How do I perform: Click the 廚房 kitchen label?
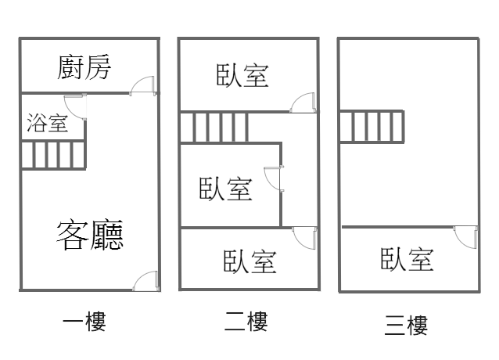point(84,67)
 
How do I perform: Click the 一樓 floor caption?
point(84,321)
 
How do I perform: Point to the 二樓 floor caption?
point(246,321)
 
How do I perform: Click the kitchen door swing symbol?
point(144,85)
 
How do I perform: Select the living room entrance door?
point(146,280)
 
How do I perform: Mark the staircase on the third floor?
point(372,127)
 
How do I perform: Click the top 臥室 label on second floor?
point(243,75)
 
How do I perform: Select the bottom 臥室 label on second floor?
point(249,260)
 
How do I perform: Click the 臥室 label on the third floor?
point(407,258)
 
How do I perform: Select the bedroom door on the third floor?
point(465,236)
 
